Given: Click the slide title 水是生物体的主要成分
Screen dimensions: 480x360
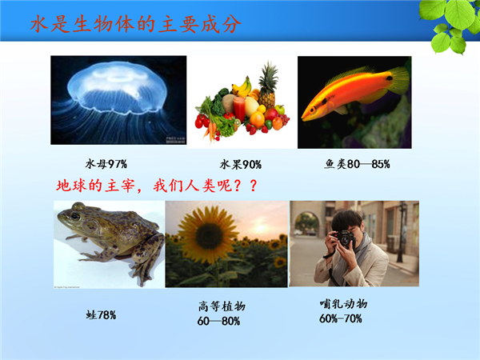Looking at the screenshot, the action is coord(136,24).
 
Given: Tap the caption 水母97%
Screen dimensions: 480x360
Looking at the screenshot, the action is coord(106,164).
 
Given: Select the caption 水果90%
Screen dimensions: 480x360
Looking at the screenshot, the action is coord(241,165).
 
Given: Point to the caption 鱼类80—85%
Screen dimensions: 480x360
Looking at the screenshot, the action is coord(357,164).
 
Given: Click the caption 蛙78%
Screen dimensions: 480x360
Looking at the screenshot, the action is coord(101,314).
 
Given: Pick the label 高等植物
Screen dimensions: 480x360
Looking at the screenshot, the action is coord(222,306).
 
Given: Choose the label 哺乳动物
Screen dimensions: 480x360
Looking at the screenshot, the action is coord(343,304).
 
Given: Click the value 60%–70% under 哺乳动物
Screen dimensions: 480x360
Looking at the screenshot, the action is coord(341,318).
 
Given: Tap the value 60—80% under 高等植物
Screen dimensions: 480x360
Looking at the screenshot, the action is coord(218,321).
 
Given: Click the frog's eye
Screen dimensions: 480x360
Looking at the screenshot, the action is coord(75,216).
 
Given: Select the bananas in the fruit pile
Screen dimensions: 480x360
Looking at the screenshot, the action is coord(242,87).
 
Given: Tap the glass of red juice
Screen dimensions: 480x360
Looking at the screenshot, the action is coord(239,109).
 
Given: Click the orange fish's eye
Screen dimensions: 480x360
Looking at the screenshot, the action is coord(312,110).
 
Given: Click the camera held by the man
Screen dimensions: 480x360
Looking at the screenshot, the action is coord(343,238).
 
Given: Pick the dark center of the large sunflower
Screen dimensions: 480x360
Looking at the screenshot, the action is coord(209,236).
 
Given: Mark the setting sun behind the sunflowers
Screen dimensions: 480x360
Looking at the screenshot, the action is coord(260,228).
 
